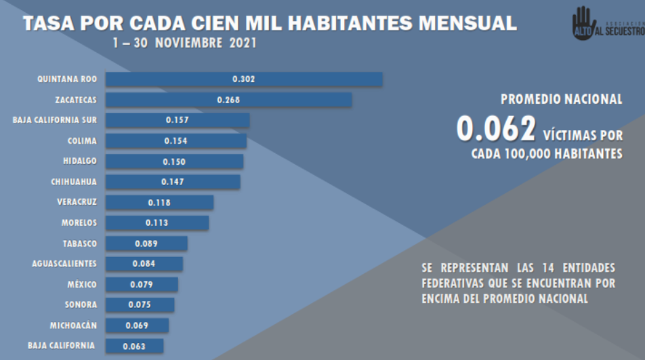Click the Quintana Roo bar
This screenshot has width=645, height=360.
(244, 79)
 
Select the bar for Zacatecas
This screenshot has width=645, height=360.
(228, 100)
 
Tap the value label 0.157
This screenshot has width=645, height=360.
(177, 121)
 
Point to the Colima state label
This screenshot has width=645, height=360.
(82, 141)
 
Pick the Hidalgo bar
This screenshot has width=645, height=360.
(174, 161)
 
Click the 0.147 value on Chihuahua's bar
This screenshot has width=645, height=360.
(173, 182)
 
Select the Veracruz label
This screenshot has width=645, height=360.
(77, 202)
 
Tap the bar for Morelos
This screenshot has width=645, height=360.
(157, 222)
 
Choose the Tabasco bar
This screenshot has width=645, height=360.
(146, 243)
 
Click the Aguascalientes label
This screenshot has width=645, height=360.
(64, 264)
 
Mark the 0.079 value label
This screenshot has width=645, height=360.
(141, 284)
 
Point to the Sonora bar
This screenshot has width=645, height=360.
(140, 305)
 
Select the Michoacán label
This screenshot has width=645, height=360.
(73, 325)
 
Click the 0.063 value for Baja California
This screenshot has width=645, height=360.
(135, 346)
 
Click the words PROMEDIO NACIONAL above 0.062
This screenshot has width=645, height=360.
(561, 99)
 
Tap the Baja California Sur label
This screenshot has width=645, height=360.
(55, 120)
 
